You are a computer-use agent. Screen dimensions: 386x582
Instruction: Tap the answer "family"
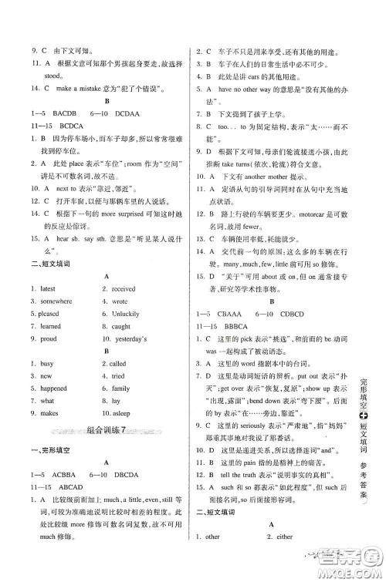[120, 389]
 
